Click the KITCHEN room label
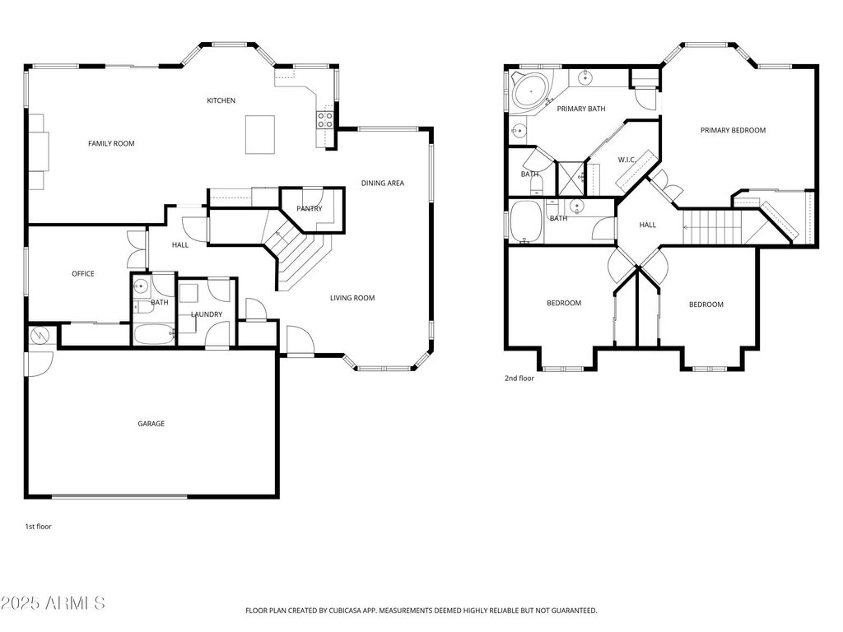221,100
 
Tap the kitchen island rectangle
260,134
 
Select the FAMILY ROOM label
111,143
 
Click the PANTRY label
310,208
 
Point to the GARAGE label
151,424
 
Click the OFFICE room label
83,274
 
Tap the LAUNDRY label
207,314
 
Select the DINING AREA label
383,183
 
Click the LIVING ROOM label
352,298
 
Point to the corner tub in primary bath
529,90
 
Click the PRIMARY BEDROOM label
733,130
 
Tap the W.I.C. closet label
626,160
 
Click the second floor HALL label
648,225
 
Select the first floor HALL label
180,245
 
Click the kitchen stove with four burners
325,121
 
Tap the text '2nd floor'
519,379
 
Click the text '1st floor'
38,526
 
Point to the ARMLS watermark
54,603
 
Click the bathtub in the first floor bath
154,334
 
